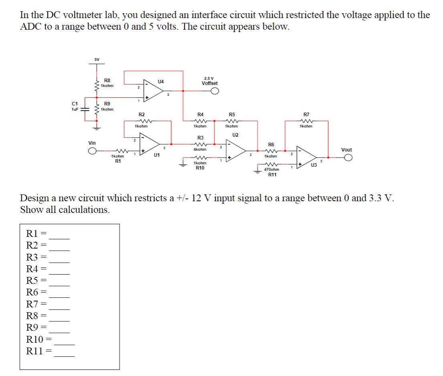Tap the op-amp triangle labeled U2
[237, 151]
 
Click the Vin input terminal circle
[92, 152]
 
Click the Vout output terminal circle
[348, 158]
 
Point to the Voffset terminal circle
[215, 91]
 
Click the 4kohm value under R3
[200, 149]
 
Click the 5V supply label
[97, 60]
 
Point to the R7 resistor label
[306, 115]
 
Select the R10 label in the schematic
[200, 168]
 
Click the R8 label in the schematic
[107, 80]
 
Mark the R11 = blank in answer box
[65, 353]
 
